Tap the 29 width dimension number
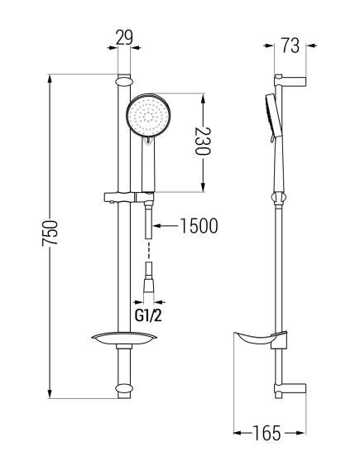point(124,37)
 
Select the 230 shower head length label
point(203,141)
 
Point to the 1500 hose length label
point(199,226)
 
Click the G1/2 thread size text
point(148,315)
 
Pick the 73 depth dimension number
point(290,46)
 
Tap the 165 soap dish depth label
point(266,433)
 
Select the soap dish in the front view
point(124,338)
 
